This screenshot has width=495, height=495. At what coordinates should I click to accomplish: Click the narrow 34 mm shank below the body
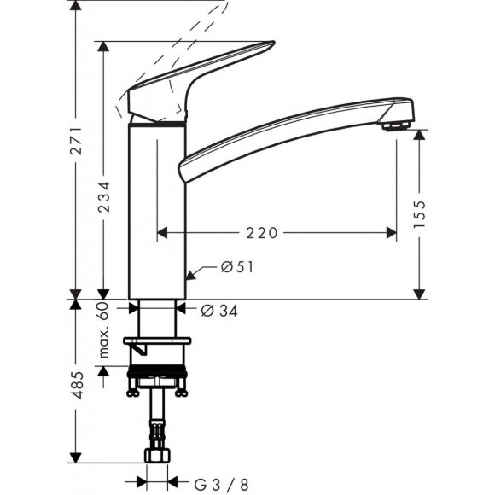158,320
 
